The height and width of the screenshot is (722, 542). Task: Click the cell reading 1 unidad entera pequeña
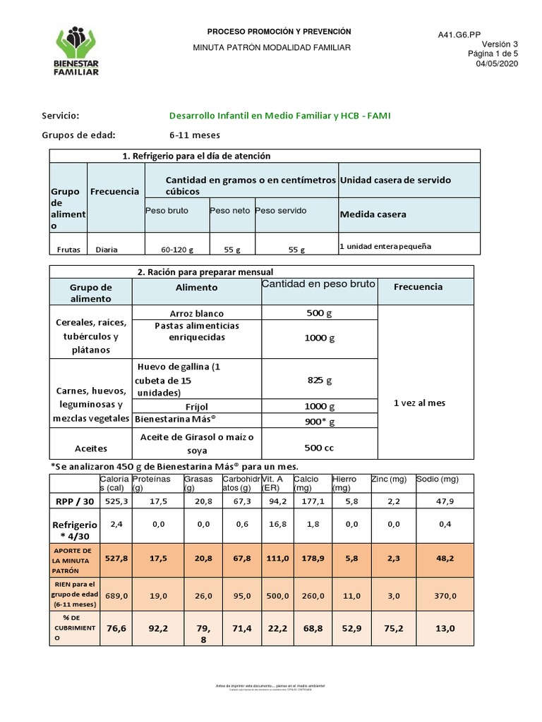click(385, 247)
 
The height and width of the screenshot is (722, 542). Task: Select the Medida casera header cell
click(373, 214)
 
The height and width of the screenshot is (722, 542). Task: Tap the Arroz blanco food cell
click(196, 313)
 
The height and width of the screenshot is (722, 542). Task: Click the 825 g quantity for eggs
click(319, 380)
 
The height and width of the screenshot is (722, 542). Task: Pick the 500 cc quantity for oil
click(319, 447)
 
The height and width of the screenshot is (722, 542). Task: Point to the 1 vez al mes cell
click(419, 403)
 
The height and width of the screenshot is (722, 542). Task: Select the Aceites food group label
click(91, 448)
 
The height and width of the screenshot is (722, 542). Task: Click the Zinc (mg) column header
click(390, 479)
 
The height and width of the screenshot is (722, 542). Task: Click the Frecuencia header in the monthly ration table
click(418, 287)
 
